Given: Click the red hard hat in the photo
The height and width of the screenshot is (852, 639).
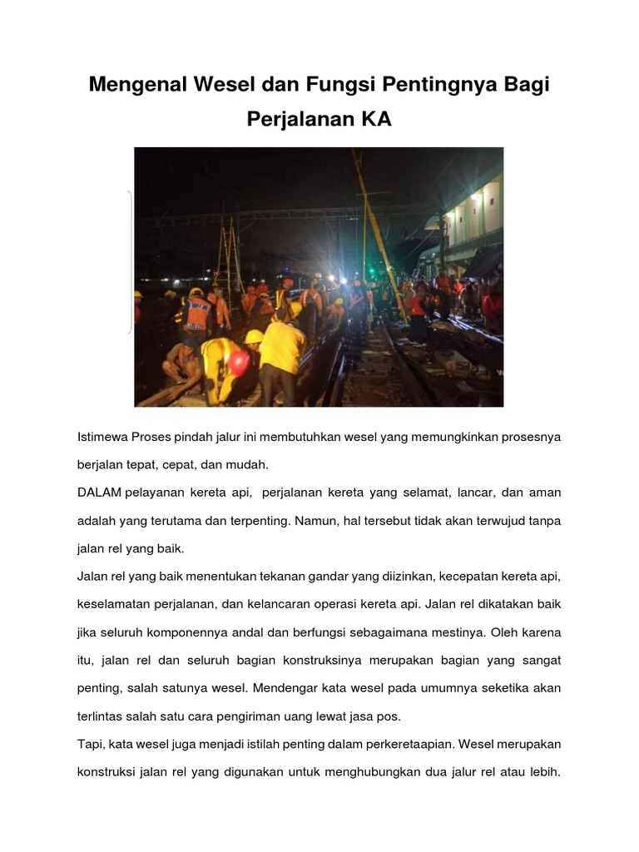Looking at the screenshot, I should click(x=239, y=362).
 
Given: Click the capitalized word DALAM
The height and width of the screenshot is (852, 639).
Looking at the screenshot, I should click(x=100, y=493).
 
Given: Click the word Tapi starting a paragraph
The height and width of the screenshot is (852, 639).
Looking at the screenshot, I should click(x=89, y=745).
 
